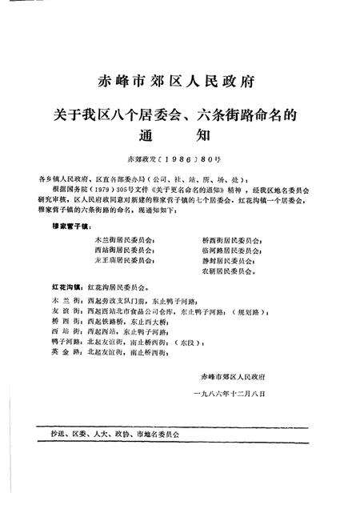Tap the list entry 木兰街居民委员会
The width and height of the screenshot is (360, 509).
[124, 239]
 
